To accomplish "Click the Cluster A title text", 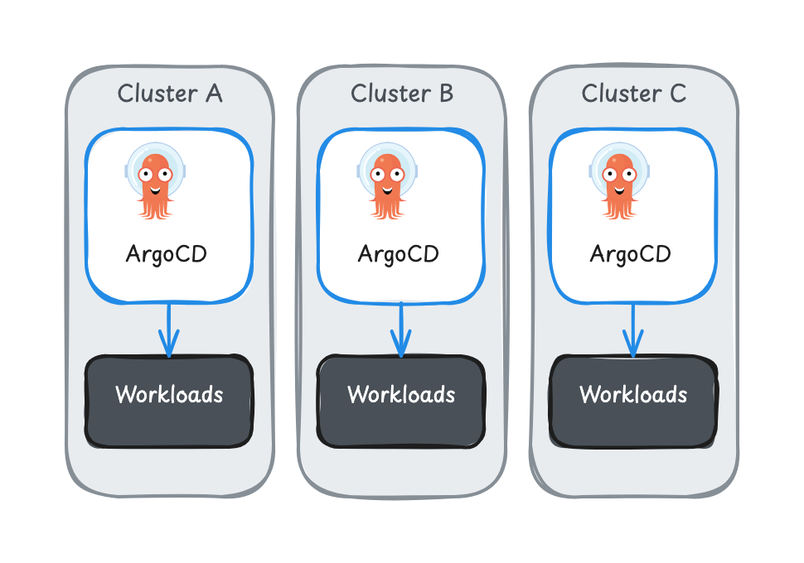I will click(169, 94).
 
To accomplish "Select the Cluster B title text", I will click(402, 94).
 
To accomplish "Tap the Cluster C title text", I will click(634, 94).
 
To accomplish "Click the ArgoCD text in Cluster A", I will click(166, 253).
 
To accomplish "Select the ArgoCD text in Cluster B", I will click(398, 253).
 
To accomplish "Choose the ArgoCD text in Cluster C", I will click(630, 253).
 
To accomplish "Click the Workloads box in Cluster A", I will click(169, 402).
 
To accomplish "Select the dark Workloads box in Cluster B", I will click(401, 402).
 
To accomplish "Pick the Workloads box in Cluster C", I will click(633, 402).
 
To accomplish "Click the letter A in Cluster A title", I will click(212, 94).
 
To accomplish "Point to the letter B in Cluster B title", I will click(445, 94).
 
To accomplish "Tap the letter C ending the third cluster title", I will click(677, 94).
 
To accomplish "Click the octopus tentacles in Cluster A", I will click(155, 208).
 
